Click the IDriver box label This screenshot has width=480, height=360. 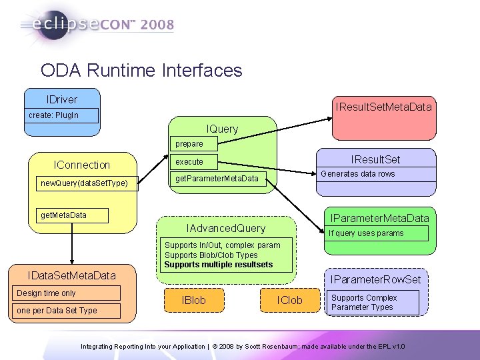tap(62, 99)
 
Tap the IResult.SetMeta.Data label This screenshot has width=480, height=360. tap(384, 107)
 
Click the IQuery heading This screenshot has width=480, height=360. tap(222, 129)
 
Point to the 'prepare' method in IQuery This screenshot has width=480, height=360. tap(189, 143)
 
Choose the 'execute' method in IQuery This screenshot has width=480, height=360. tap(189, 162)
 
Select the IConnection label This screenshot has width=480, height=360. tap(82, 165)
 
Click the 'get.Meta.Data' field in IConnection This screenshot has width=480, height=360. tap(64, 215)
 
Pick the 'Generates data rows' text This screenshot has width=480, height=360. tap(358, 174)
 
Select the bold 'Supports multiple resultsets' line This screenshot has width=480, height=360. tap(219, 265)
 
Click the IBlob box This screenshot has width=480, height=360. tap(193, 301)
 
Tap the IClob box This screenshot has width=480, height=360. tap(289, 301)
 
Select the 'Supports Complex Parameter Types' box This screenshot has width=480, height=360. tap(374, 303)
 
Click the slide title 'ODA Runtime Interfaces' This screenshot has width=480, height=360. tap(141, 70)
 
